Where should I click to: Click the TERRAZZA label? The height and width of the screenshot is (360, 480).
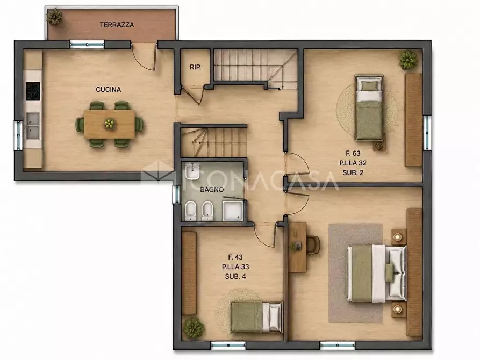click(x=117, y=25)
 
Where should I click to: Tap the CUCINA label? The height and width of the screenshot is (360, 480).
click(x=109, y=89)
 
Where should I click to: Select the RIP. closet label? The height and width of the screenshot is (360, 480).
click(x=195, y=67)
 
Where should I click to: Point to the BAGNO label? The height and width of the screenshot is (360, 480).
click(x=212, y=190)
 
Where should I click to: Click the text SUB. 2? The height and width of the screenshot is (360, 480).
click(x=353, y=172)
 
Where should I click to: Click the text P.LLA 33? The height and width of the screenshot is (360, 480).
click(x=235, y=267)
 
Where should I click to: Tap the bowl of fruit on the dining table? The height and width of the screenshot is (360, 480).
click(x=109, y=124)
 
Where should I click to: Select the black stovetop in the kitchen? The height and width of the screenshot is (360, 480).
click(x=33, y=91)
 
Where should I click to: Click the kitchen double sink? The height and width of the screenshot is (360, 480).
click(x=32, y=126)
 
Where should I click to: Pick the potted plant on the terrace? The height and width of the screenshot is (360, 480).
click(x=54, y=17)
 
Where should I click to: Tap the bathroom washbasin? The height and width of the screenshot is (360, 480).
click(x=192, y=172)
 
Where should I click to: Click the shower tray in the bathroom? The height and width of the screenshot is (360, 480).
click(x=233, y=211)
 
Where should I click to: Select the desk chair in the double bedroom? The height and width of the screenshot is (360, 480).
click(x=313, y=245)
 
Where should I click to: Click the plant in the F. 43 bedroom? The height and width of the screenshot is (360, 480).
click(x=194, y=327)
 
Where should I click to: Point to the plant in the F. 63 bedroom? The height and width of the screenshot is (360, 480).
click(x=408, y=60)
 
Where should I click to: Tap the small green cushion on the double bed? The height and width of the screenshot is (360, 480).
click(x=389, y=272)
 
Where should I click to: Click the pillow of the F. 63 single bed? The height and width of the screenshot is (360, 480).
click(x=369, y=86)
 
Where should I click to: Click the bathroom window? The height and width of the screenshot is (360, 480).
click(x=176, y=195)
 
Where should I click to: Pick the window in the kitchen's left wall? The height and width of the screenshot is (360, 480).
click(x=18, y=135)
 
